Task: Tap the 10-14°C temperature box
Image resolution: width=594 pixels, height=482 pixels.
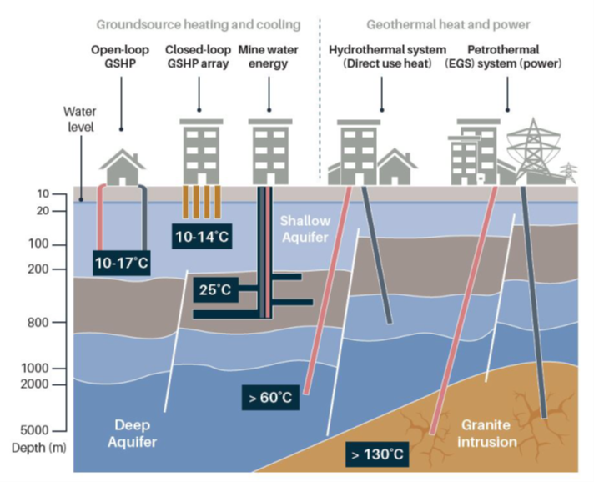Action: tap(200, 237)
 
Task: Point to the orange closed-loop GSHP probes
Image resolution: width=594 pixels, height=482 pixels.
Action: tap(200, 203)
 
